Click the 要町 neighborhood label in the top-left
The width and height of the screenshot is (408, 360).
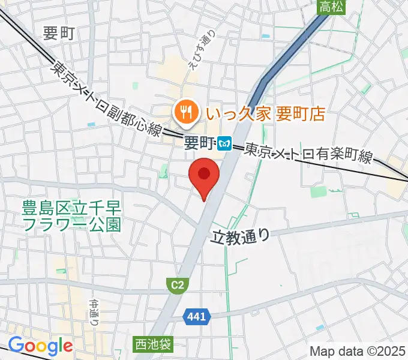(x=59, y=34)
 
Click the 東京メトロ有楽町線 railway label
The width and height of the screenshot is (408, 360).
(x=308, y=154)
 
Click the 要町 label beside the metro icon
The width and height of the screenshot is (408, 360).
(x=199, y=143)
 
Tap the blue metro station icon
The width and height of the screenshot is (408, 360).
(x=225, y=143)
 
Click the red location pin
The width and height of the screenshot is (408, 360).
(x=204, y=175)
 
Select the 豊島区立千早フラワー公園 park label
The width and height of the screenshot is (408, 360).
(x=71, y=217)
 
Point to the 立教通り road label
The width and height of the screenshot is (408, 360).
(x=241, y=236)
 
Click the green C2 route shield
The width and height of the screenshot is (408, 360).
(x=176, y=287)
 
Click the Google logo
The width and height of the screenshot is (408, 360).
(x=40, y=346)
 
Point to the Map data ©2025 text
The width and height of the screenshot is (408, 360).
(x=356, y=350)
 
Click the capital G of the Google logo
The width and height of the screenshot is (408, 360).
(x=16, y=346)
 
